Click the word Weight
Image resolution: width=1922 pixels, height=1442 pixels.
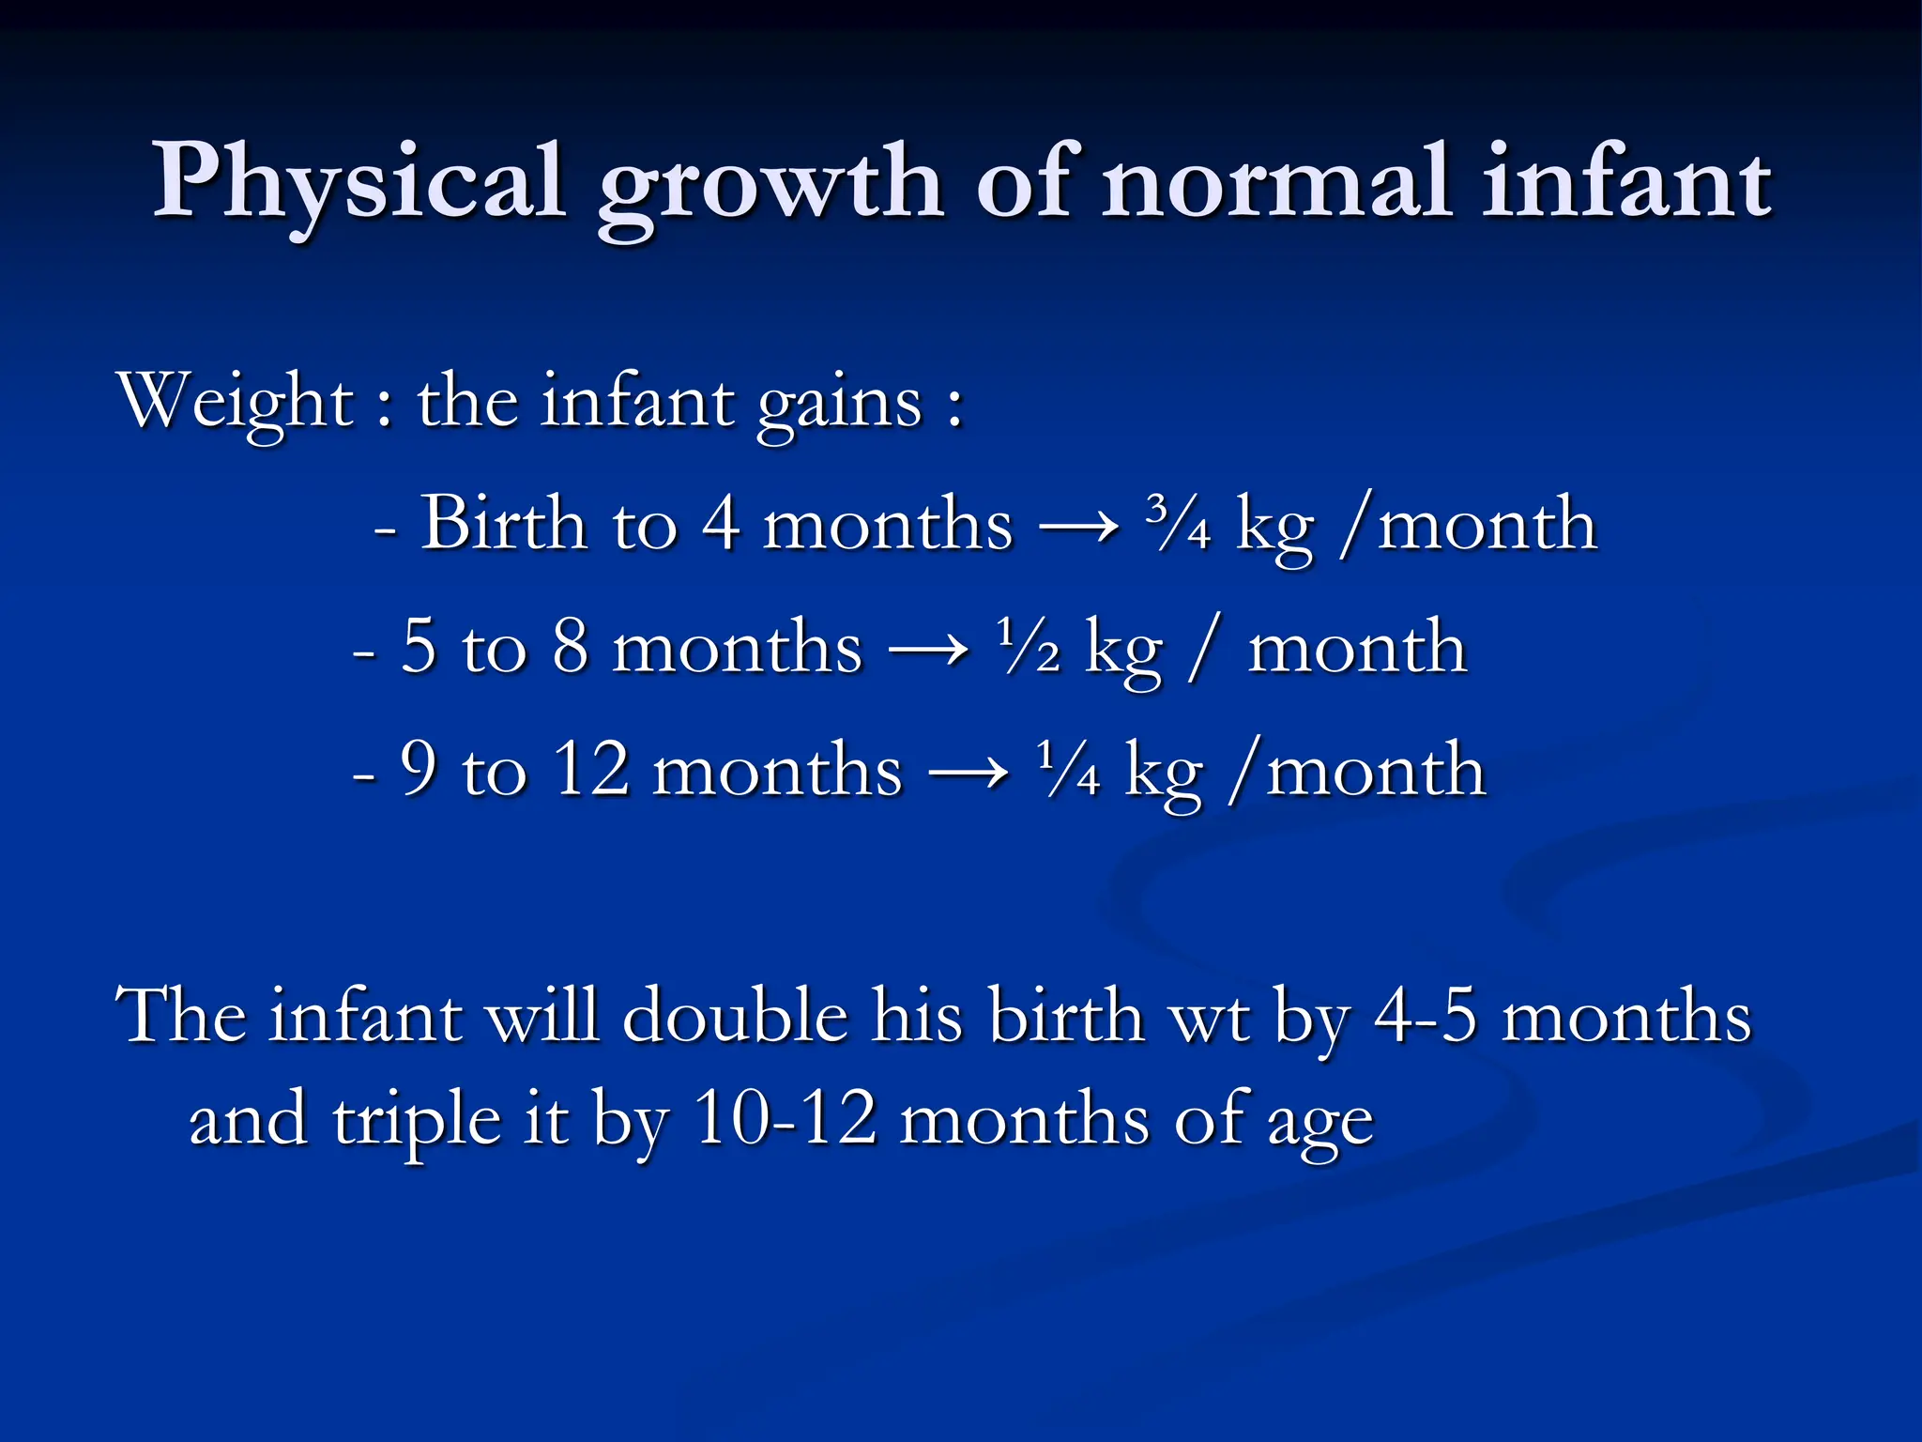tap(235, 402)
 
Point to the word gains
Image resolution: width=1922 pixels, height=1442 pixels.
tap(840, 404)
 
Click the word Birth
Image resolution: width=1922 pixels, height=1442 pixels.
tap(502, 523)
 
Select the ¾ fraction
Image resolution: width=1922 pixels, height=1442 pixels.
tap(1179, 524)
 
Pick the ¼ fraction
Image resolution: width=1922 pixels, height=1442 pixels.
tap(1069, 771)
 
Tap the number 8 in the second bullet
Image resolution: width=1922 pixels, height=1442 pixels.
tap(570, 647)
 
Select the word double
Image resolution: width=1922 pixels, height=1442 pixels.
tap(735, 1016)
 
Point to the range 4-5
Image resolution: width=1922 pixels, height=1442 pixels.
tap(1426, 1016)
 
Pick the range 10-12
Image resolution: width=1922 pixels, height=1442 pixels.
tap(786, 1119)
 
